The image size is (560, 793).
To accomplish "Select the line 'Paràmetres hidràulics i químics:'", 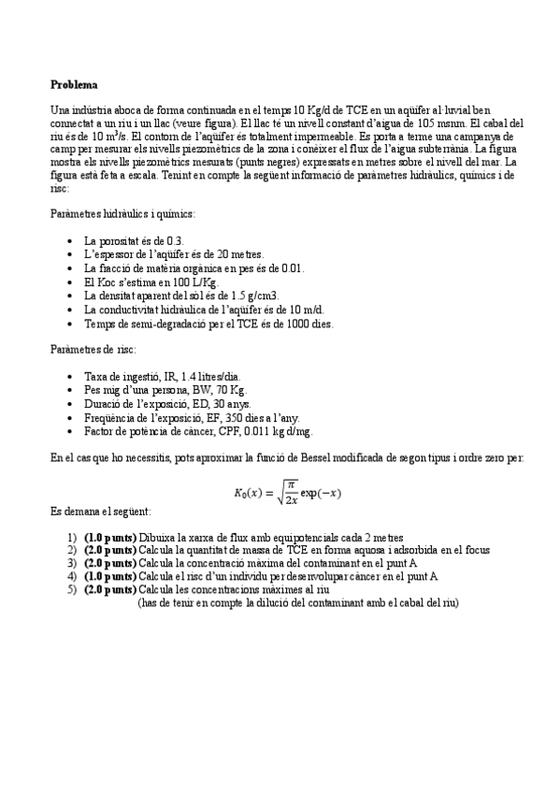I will click(x=122, y=214).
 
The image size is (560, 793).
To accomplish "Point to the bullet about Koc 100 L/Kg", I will click(x=151, y=281).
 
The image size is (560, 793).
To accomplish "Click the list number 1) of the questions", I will click(x=73, y=538).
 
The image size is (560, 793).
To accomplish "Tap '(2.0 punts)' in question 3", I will click(x=109, y=564).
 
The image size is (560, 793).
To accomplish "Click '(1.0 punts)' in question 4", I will click(x=109, y=577).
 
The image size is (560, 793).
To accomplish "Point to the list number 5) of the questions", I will click(x=73, y=590).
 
